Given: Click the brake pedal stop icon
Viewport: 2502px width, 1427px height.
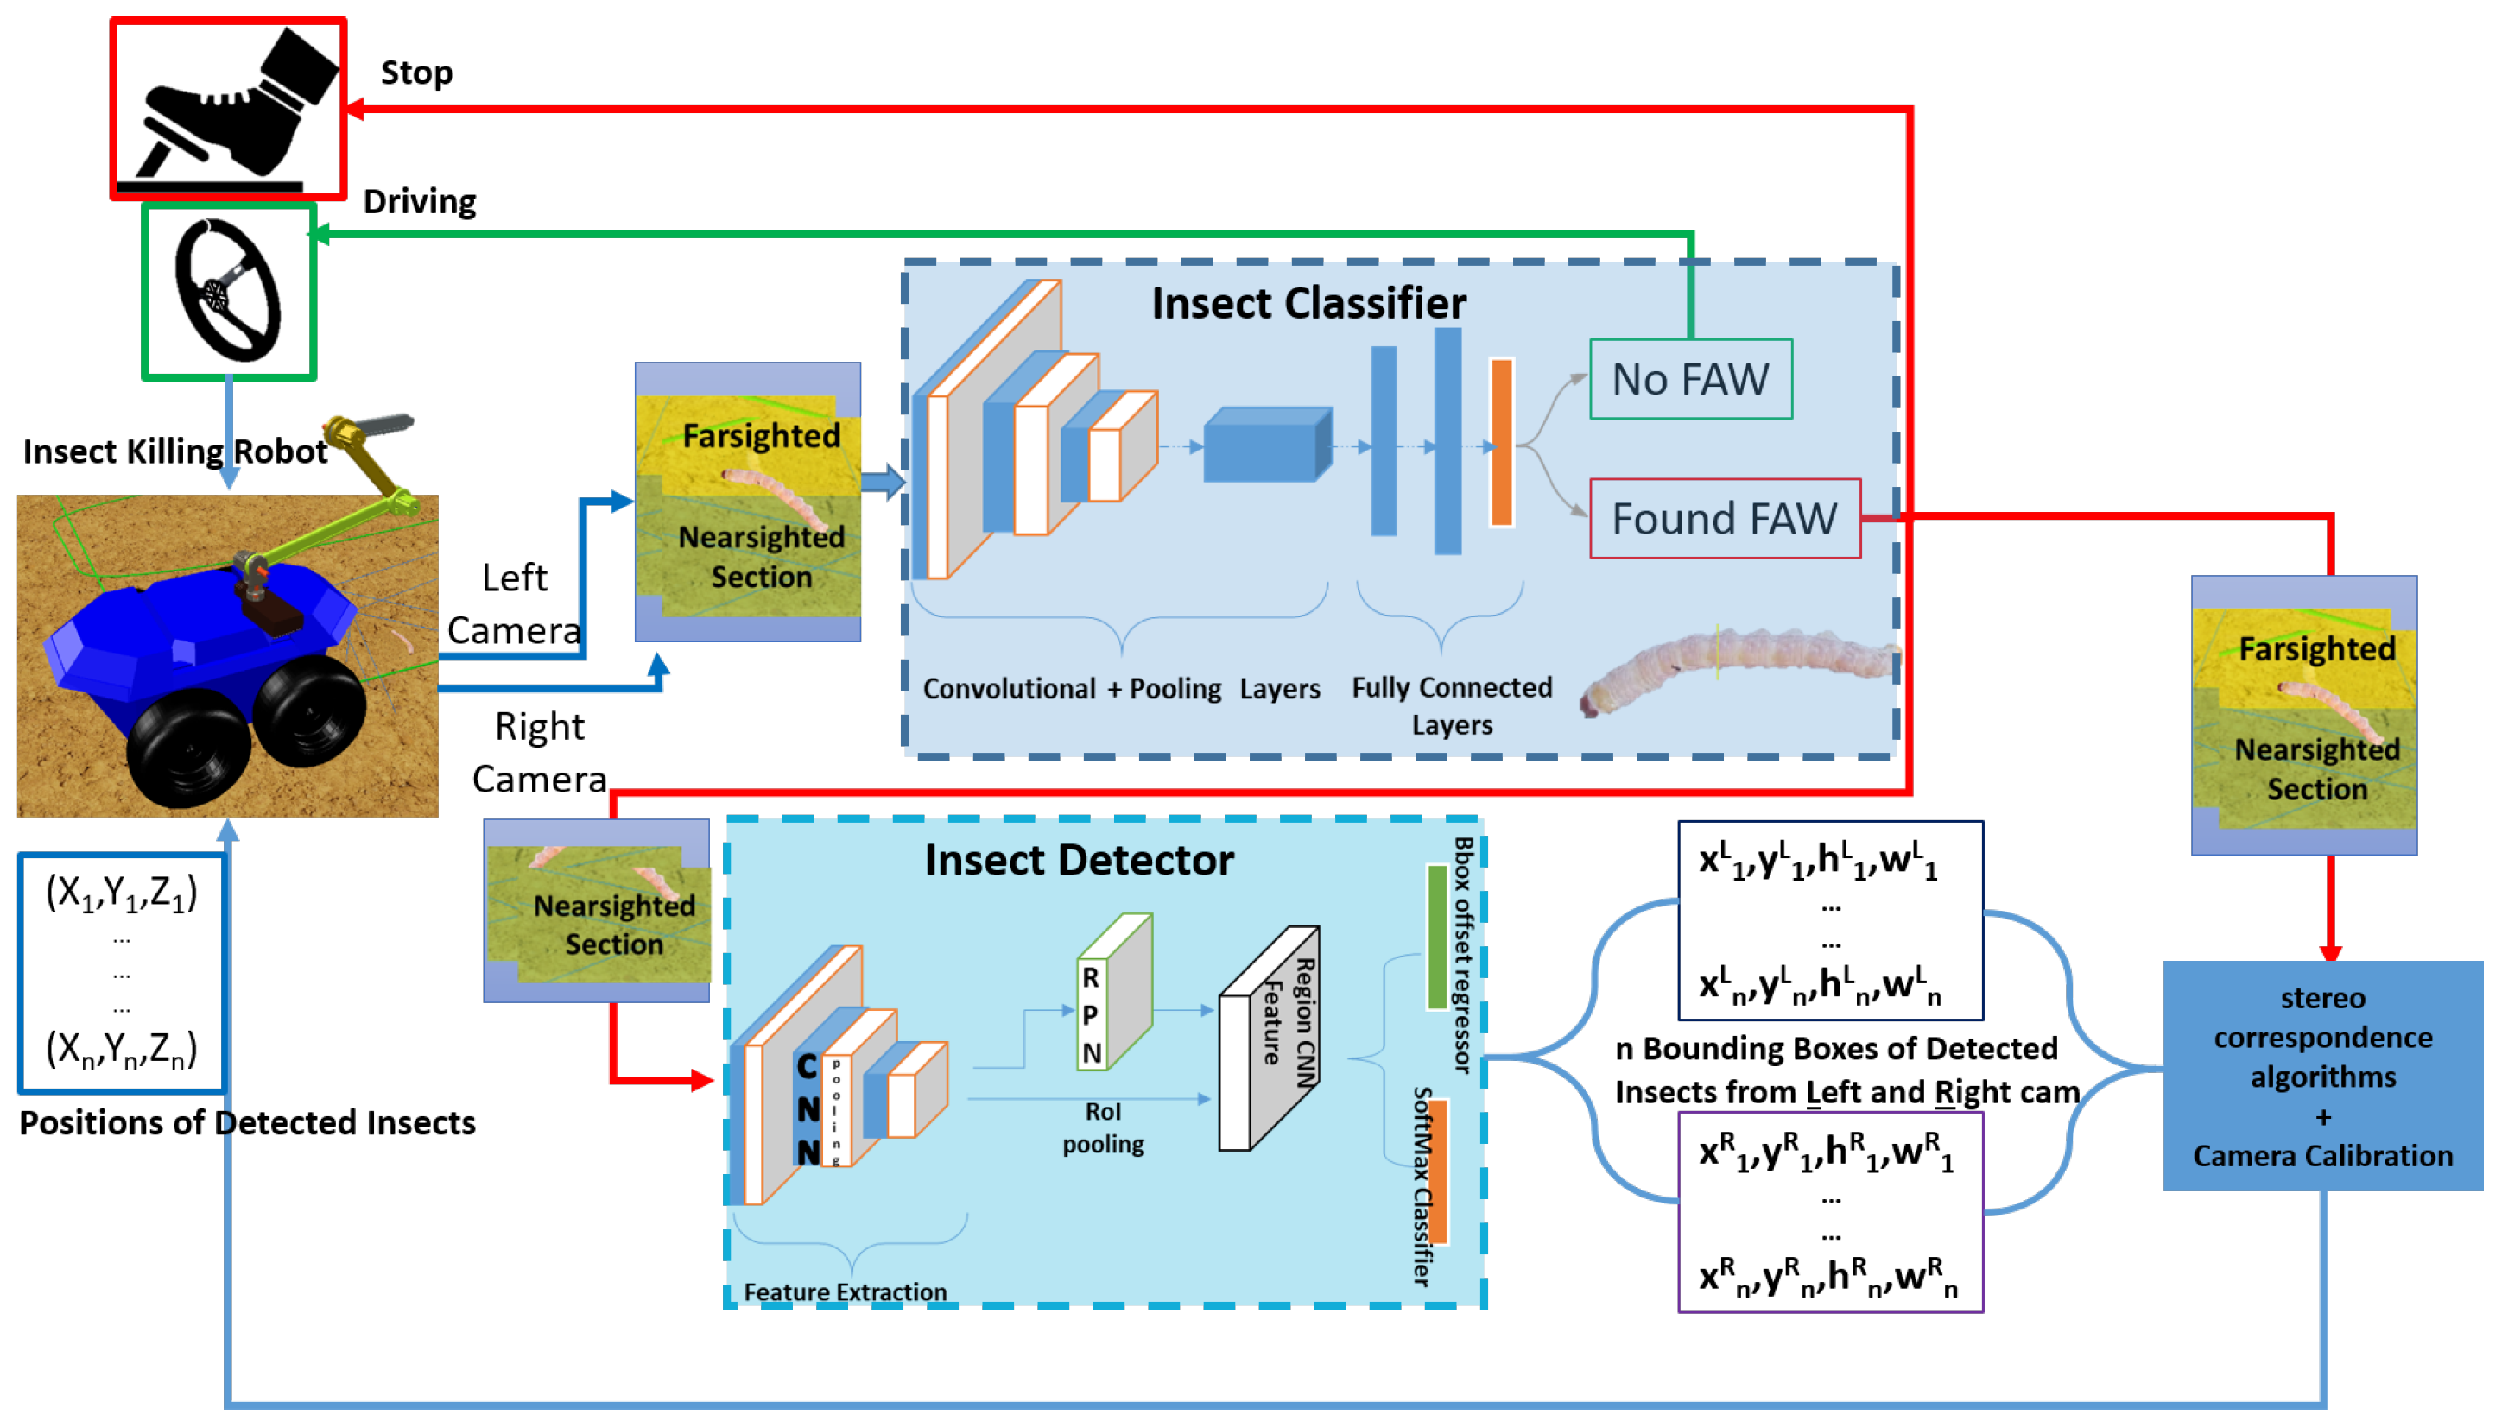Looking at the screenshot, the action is pyautogui.click(x=227, y=109).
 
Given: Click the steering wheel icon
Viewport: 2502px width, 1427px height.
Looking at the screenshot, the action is pyautogui.click(x=228, y=291).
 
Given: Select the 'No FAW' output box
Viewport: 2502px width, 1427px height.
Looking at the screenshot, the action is pyautogui.click(x=1690, y=379).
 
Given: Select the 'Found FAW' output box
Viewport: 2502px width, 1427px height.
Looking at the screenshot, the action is pyautogui.click(x=1725, y=519).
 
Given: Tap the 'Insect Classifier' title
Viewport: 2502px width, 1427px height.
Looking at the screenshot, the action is pyautogui.click(x=1308, y=303).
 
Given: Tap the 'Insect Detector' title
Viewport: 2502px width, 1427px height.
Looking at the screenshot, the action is pyautogui.click(x=1079, y=860).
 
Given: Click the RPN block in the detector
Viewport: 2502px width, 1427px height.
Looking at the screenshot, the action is pyautogui.click(x=1114, y=991).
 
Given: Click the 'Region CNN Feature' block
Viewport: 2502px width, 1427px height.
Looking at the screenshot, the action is pyautogui.click(x=1269, y=1038).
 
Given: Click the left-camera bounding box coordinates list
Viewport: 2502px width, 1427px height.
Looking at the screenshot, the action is pyautogui.click(x=1830, y=920).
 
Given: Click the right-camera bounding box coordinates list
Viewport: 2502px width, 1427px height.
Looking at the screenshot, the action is pyautogui.click(x=1830, y=1211).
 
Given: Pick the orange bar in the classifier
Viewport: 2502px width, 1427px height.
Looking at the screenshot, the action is pyautogui.click(x=1501, y=442).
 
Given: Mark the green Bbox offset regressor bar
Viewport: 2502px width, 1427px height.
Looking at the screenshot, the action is pyautogui.click(x=1437, y=936).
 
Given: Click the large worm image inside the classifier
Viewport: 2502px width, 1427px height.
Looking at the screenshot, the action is pyautogui.click(x=1739, y=668).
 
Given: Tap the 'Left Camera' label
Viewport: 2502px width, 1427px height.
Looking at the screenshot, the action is pyautogui.click(x=514, y=603).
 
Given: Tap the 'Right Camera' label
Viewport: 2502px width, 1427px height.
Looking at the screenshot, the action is pyautogui.click(x=539, y=753).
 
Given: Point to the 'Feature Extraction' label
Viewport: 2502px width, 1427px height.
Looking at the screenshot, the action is pyautogui.click(x=846, y=1291).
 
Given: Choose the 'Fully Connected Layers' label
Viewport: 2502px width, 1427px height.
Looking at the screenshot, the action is pyautogui.click(x=1452, y=705).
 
